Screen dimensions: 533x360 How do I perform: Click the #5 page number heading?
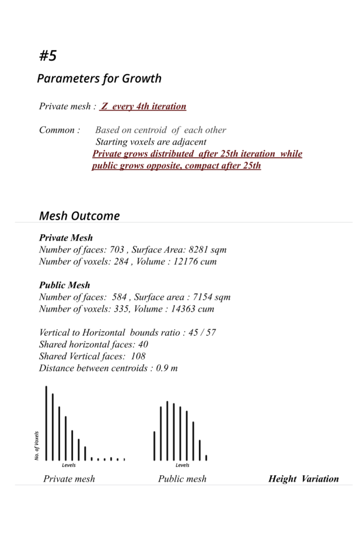pos(48,56)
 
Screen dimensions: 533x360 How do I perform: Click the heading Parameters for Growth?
pos(99,79)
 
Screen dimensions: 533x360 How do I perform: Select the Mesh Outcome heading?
pos(79,215)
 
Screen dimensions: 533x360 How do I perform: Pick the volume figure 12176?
pos(185,262)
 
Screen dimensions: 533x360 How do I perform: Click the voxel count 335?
pos(122,309)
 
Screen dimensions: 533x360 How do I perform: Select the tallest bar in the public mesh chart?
pos(167,430)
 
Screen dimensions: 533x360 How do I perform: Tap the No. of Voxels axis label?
pos(37,445)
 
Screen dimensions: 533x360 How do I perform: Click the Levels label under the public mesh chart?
pos(182,465)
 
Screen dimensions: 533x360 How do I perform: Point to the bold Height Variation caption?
pos(303,479)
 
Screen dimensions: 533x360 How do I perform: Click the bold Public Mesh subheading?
pos(65,285)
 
